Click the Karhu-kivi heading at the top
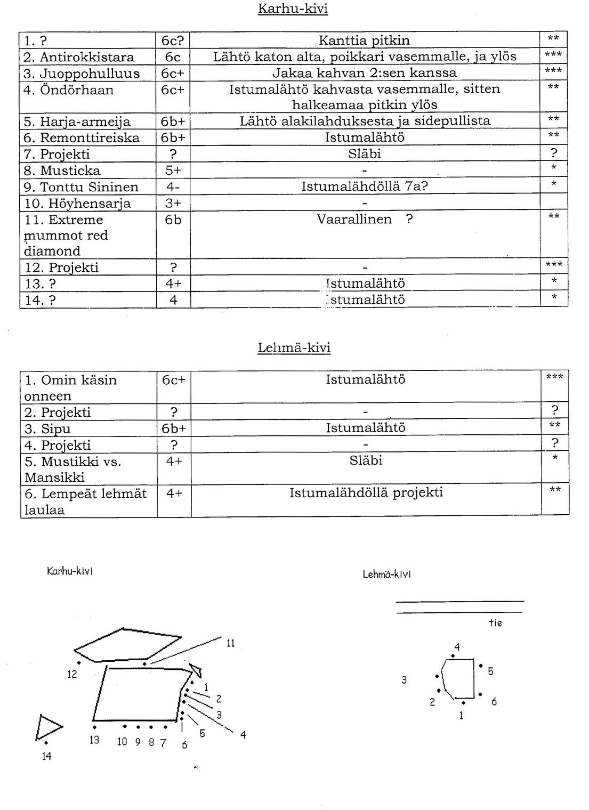293,9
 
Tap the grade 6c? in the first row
173,40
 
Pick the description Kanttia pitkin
364,40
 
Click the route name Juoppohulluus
90,74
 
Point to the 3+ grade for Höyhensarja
173,204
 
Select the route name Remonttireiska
90,138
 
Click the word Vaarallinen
354,219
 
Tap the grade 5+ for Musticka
173,171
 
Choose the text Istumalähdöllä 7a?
365,187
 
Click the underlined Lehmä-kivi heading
294,348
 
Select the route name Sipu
55,429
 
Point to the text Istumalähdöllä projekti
366,492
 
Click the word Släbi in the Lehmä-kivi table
366,460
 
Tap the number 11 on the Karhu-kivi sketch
230,643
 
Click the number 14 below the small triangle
46,756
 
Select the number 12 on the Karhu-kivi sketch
72,674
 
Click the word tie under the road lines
495,623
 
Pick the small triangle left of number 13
48,727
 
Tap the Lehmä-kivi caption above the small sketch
386,574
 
